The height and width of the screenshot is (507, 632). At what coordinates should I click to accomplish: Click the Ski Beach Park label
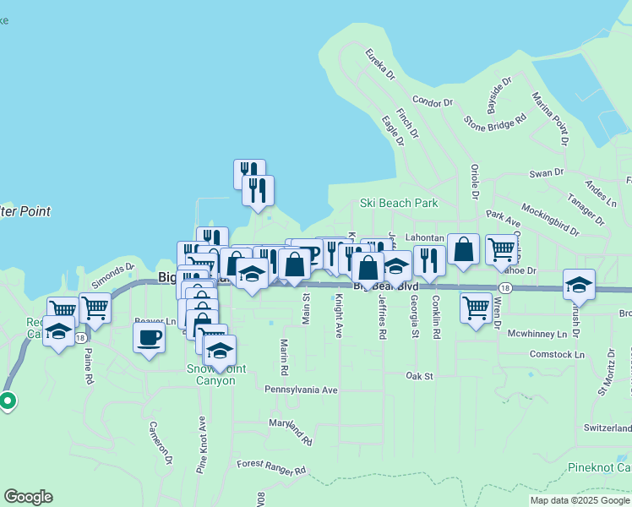click(x=399, y=204)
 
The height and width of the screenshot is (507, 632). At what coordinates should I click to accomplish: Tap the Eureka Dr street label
click(x=380, y=63)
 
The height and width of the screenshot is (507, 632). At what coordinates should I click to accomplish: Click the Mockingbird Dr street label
click(x=550, y=219)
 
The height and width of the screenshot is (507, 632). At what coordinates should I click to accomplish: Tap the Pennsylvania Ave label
click(x=301, y=390)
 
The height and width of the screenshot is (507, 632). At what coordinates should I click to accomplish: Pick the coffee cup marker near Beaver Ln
click(x=150, y=338)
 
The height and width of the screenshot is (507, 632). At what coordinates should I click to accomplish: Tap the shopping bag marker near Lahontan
click(x=463, y=249)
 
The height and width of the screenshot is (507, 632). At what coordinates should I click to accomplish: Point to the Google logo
click(x=28, y=497)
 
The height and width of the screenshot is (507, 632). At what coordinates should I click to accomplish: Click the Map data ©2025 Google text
click(x=579, y=500)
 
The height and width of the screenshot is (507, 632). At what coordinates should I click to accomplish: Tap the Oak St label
click(x=419, y=375)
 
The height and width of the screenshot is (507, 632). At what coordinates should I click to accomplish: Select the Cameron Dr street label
click(x=161, y=442)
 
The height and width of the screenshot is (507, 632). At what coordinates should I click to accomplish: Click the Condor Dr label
click(x=433, y=102)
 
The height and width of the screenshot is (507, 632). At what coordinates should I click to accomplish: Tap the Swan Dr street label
click(x=546, y=173)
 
